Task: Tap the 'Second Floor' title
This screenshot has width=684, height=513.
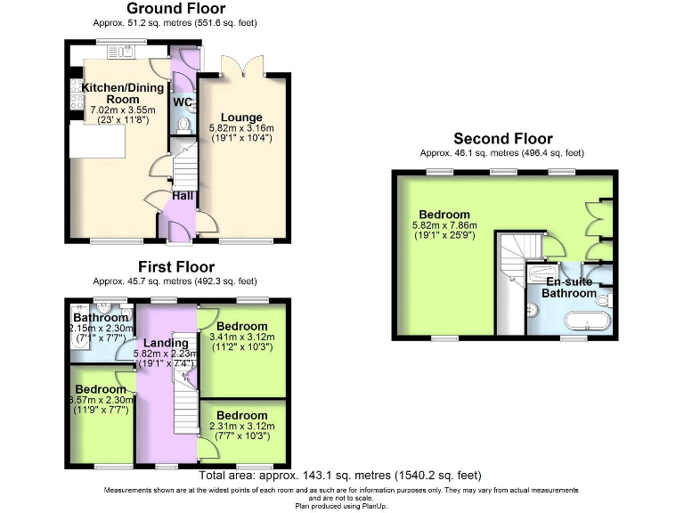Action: (x=502, y=139)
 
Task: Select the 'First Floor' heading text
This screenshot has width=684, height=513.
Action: (x=175, y=267)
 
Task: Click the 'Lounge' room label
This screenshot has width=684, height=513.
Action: (x=241, y=118)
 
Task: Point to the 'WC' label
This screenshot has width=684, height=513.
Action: (x=183, y=102)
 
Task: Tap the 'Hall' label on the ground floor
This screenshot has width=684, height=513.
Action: (x=183, y=196)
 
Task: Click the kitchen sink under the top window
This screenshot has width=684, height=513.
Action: (x=119, y=53)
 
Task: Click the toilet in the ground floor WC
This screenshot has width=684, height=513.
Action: (x=184, y=125)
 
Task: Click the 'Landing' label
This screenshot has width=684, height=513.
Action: (x=167, y=343)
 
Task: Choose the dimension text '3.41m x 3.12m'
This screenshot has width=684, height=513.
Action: (x=241, y=338)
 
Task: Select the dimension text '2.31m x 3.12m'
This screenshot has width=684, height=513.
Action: (x=241, y=427)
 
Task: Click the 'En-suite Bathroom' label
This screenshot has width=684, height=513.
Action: (x=571, y=287)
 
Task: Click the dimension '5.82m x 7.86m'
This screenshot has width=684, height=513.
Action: (x=445, y=226)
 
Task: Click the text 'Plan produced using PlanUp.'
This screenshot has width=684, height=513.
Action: (x=341, y=505)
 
